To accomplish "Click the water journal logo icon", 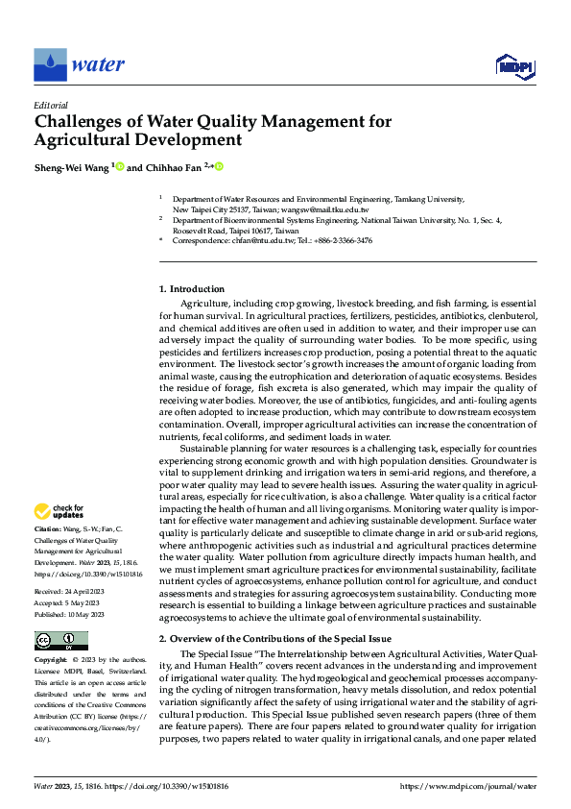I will click(x=51, y=65).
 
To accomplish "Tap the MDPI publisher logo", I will click(x=514, y=65).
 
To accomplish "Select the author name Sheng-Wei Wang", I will click(x=71, y=166).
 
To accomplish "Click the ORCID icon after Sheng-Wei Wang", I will click(x=120, y=166).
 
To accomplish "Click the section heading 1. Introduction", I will click(x=192, y=289).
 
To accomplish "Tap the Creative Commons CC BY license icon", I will click(x=60, y=641).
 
